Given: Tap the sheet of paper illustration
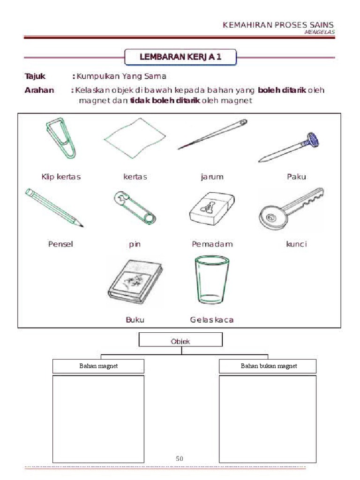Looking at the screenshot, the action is point(135,138).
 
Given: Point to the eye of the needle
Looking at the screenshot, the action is point(243,122).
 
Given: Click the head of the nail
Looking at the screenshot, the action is point(313,140).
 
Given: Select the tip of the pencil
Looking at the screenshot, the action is point(82,226).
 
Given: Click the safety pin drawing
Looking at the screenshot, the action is point(135,208).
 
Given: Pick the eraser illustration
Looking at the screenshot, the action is point(212,209).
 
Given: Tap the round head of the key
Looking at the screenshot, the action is point(273,217).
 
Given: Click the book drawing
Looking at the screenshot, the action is point(135,281).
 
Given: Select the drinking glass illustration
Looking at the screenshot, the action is point(212,279).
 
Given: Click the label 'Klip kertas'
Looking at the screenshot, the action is point(61,177).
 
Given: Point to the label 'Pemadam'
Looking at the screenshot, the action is point(212,244).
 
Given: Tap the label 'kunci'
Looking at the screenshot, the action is point(296,244).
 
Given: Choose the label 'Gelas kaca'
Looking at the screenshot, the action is point(212,320).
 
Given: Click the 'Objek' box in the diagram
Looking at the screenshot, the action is point(180,340).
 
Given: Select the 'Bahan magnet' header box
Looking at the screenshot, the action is point(98,366).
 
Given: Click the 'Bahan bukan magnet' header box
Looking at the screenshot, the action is point(268,366).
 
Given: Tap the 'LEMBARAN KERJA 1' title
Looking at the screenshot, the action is point(180,57).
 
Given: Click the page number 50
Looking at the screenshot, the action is point(180,458).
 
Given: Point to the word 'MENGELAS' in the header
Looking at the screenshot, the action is point(320,32).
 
